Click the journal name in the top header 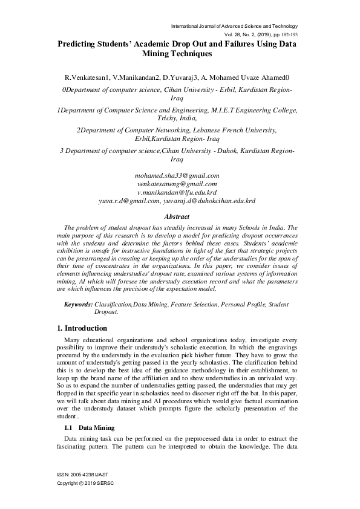(235, 26)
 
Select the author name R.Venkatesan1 (88, 79)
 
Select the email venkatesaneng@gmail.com (177, 184)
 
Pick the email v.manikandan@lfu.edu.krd (177, 192)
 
